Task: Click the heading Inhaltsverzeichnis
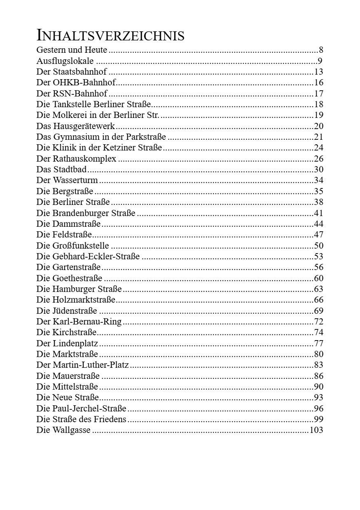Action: click(110, 36)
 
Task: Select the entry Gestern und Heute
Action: click(72, 50)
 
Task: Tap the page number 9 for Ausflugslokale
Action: click(320, 61)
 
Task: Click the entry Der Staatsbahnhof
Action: click(71, 72)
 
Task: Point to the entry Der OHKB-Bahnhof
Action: click(76, 83)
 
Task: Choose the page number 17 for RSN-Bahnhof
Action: click(318, 94)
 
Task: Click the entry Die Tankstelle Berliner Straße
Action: click(94, 105)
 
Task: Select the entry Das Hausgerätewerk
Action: click(76, 126)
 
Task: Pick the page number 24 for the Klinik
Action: click(318, 148)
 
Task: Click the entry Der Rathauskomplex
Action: click(76, 159)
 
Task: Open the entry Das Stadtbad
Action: click(62, 169)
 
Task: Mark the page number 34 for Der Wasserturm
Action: click(318, 180)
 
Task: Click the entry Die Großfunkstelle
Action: click(72, 246)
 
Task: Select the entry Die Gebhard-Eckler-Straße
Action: click(88, 257)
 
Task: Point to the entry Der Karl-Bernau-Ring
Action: click(79, 322)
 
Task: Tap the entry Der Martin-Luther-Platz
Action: click(82, 365)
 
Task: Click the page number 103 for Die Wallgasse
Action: click(316, 430)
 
